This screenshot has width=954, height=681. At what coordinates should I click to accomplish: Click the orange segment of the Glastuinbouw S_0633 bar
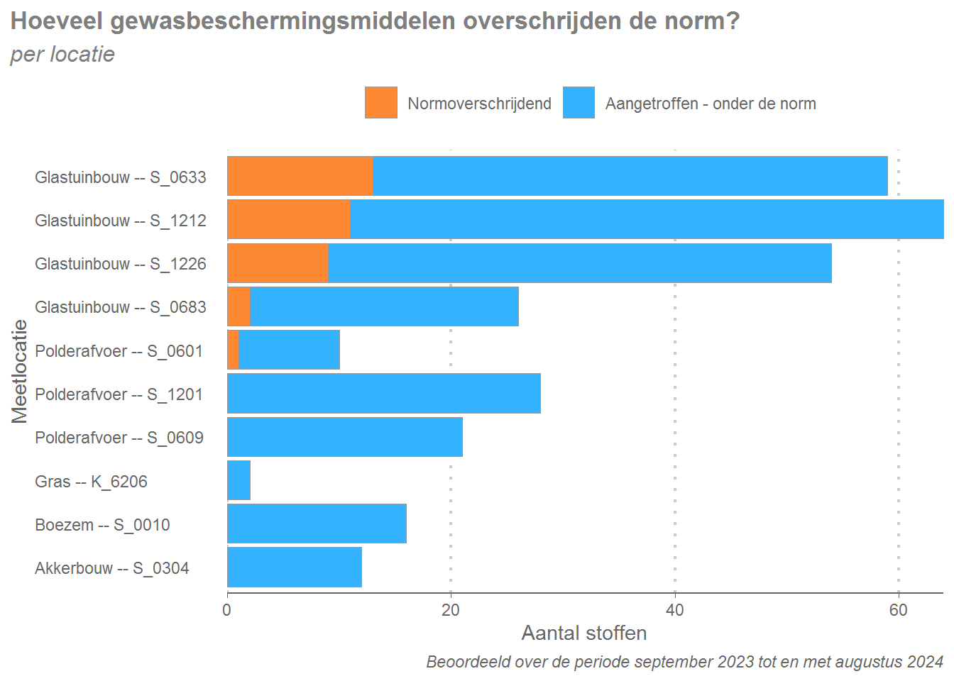[x=300, y=176]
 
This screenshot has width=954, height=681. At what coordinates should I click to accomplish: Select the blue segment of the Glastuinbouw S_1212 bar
[x=646, y=219]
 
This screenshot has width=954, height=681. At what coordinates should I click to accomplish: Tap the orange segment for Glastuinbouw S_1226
[x=278, y=263]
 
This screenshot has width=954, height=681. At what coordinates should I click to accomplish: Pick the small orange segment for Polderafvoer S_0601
[x=234, y=350]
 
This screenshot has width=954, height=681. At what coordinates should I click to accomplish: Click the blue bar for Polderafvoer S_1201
[x=383, y=394]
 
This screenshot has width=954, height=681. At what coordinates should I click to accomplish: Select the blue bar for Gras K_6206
[x=238, y=480]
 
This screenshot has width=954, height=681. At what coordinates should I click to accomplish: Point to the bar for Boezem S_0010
[x=317, y=524]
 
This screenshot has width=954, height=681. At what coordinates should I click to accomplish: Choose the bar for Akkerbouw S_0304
[x=295, y=567]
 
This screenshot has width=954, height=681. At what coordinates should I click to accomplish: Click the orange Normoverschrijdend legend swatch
[x=381, y=103]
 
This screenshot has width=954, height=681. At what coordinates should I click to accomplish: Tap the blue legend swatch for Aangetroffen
[x=579, y=103]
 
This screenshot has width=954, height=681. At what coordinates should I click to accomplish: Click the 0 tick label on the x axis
[x=227, y=610]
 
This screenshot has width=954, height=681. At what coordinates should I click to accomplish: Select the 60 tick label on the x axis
[x=898, y=610]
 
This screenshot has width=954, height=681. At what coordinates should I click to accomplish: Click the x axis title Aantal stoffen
[x=584, y=633]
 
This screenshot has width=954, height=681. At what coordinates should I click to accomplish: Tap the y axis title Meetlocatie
[x=19, y=371]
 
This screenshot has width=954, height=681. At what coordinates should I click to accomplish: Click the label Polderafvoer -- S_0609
[x=119, y=438]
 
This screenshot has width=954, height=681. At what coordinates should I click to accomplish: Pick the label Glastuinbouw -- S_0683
[x=121, y=307]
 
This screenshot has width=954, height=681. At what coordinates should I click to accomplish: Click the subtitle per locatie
[x=62, y=55]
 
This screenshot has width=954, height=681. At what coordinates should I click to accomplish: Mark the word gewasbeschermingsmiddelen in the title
[x=283, y=21]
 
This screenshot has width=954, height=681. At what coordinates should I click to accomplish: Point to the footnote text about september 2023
[x=684, y=662]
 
